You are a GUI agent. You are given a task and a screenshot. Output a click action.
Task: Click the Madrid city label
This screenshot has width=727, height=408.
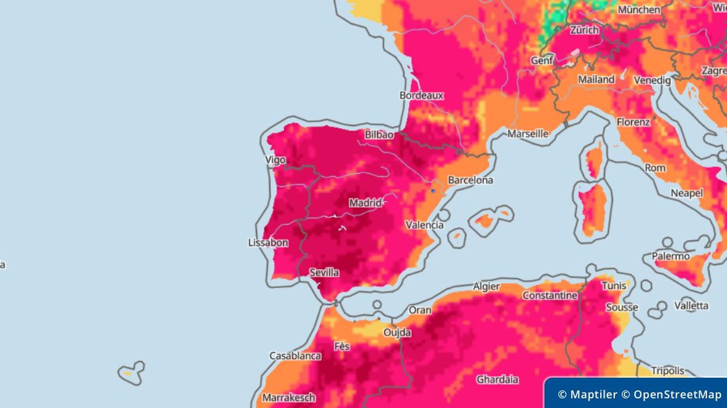[365, 202]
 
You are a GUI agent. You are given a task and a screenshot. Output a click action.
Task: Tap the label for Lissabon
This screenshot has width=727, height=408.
[268, 243]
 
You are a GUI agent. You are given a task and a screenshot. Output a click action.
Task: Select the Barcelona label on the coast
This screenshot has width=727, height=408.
[470, 180]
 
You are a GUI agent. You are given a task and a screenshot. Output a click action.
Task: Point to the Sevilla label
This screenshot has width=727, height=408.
[324, 272]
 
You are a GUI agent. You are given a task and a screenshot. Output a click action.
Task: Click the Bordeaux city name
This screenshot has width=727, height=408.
[421, 95]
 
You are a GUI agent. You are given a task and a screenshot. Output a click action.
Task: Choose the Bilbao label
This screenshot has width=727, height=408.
[379, 134]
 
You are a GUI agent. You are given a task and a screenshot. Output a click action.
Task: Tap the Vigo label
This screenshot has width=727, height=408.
[275, 160]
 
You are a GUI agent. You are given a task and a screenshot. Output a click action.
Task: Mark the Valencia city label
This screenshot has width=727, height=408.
[424, 224]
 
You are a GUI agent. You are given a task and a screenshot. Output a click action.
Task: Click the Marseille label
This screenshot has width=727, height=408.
[528, 134]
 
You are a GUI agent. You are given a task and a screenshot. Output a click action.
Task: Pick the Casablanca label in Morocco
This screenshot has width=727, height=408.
[295, 356]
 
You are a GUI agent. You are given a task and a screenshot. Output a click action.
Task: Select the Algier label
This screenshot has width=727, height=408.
[486, 286]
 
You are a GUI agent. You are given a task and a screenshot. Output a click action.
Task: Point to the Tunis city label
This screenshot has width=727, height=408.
[614, 285]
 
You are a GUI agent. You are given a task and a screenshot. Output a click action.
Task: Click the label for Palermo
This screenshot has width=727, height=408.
[671, 256]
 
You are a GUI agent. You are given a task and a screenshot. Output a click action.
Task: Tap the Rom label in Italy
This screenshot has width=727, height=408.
[655, 168]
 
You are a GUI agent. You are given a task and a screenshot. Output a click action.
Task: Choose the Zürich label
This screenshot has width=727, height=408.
[584, 30]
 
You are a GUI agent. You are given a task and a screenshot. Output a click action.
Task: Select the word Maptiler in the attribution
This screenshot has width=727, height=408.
[594, 395]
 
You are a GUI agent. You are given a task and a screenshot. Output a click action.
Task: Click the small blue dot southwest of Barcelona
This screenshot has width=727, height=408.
[433, 191]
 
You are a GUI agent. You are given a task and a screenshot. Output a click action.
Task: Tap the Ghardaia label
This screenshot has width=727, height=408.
[497, 379]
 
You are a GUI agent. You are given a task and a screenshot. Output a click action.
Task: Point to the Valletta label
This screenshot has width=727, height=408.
[691, 305]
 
